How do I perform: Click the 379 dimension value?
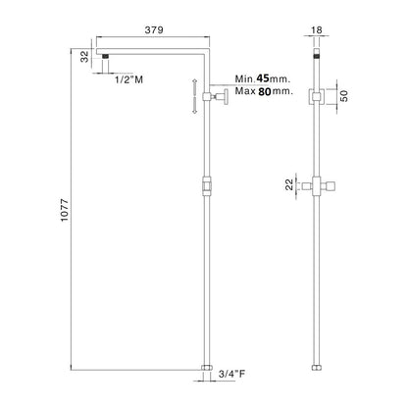(154, 29)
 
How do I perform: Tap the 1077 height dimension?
(65, 210)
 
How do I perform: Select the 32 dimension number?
(84, 56)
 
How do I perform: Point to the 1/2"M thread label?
(128, 79)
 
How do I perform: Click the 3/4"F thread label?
(231, 374)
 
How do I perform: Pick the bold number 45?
(263, 78)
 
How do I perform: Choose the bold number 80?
(265, 91)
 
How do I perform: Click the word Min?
(244, 78)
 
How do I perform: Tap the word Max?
(245, 91)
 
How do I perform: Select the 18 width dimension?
(316, 30)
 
